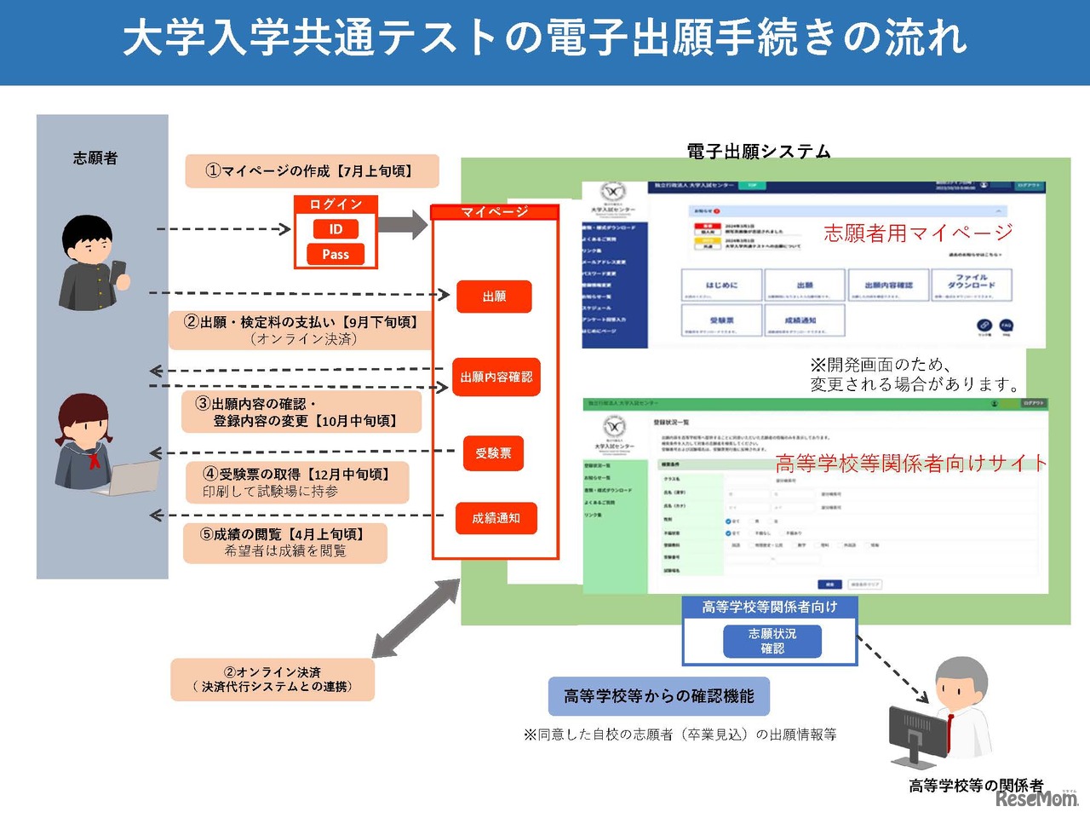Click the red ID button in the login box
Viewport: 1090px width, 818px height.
(336, 229)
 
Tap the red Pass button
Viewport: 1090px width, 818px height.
(336, 254)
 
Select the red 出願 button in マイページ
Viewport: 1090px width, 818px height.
(494, 297)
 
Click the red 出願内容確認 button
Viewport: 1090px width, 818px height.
(496, 377)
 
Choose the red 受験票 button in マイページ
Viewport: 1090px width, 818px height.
(493, 453)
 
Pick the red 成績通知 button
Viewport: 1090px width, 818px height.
(496, 518)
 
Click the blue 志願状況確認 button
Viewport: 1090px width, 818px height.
(772, 641)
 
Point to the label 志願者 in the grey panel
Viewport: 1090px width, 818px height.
(95, 158)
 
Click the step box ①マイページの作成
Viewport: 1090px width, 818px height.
(312, 171)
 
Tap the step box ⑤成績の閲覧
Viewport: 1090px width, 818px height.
(285, 543)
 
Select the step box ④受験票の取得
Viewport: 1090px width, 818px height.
(297, 482)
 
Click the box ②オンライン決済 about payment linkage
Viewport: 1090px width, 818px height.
(272, 679)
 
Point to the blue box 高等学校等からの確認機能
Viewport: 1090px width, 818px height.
(659, 696)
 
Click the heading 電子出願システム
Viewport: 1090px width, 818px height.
(758, 151)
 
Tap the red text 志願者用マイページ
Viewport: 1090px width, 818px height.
(918, 233)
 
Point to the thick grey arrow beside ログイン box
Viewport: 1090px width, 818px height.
(403, 225)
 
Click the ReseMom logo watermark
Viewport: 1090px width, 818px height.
(1036, 798)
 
